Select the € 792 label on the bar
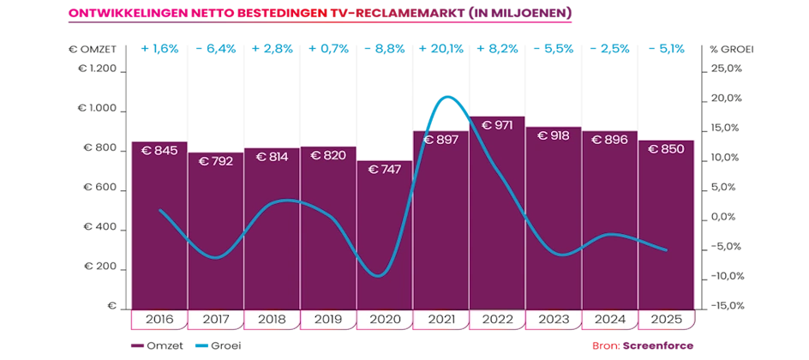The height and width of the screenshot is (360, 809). tap(216, 161)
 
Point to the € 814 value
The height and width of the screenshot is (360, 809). tap(272, 158)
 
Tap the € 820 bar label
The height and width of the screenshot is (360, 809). tap(328, 156)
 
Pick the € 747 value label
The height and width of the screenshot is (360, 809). tap(385, 170)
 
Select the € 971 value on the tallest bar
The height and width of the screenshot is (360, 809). tap(498, 126)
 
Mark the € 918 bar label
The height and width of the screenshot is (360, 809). tap(554, 135)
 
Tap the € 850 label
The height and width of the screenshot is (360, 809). tap(666, 149)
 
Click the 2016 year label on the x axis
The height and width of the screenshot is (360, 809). tap(159, 319)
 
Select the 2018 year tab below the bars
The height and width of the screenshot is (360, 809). tap(272, 319)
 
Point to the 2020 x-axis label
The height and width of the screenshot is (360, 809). tap(385, 319)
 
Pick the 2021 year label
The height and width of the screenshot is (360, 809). tap(441, 319)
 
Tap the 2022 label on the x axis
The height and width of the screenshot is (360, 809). tap(498, 319)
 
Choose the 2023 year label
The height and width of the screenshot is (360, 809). tap(554, 319)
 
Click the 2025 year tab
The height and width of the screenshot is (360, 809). tap(666, 319)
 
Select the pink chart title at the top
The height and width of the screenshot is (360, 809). tap(321, 15)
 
